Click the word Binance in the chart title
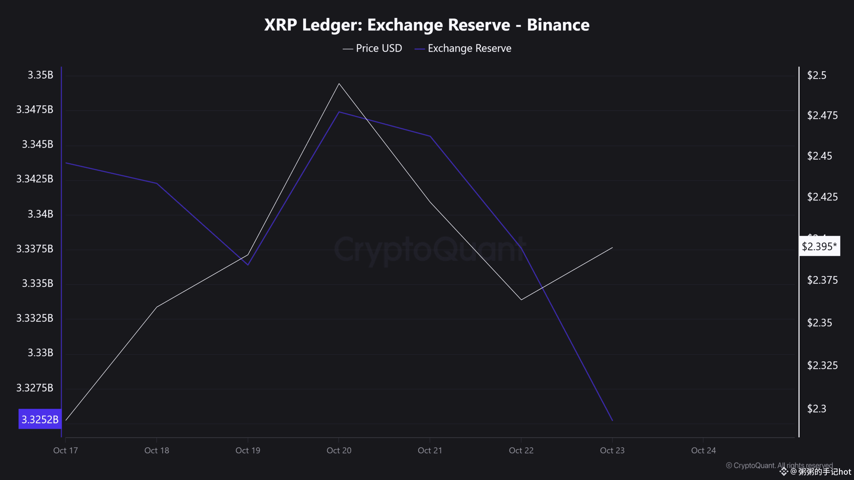pos(558,25)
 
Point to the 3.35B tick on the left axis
pos(40,75)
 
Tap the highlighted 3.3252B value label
pos(40,419)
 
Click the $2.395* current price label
pos(819,246)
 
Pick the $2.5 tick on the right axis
pos(816,75)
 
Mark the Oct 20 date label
pos(339,450)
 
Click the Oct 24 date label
pos(703,450)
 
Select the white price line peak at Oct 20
pos(339,84)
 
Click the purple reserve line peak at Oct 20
pos(339,112)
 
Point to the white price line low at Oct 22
pos(521,299)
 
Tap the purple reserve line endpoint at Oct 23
pos(612,420)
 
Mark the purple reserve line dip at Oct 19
pos(248,265)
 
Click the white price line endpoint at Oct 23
pos(612,248)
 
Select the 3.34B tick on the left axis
pos(40,214)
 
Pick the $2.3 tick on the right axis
pos(816,408)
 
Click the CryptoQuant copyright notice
pos(779,465)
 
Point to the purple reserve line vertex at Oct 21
pos(430,136)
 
